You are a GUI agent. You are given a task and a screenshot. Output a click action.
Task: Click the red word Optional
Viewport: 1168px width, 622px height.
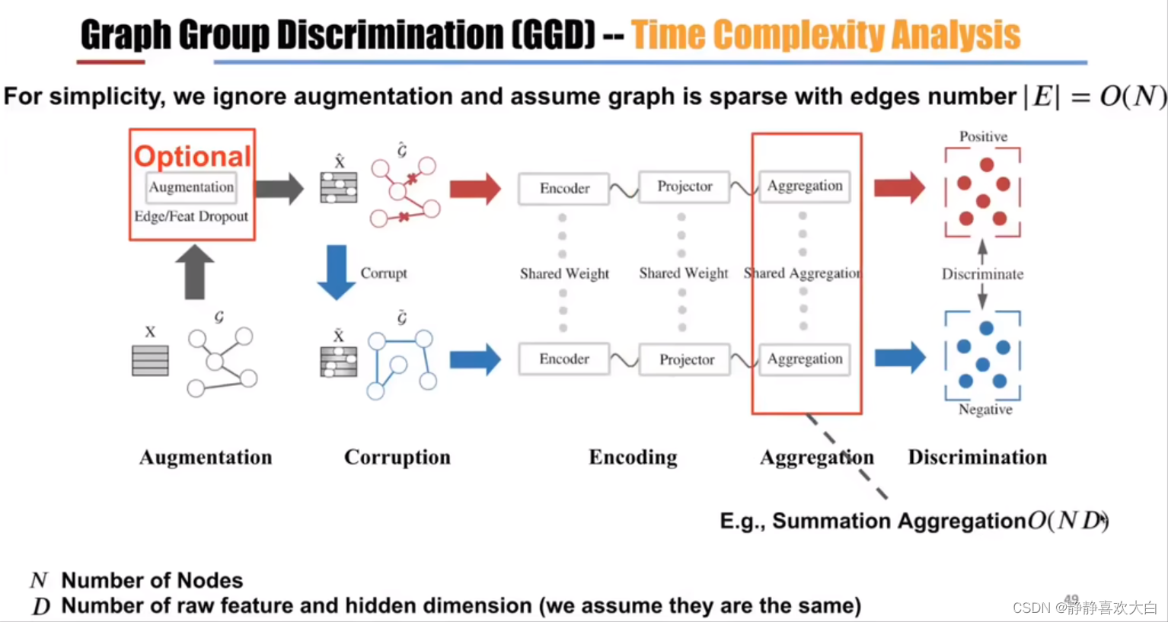click(192, 156)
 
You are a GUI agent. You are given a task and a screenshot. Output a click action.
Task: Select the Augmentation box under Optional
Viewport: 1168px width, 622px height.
click(191, 187)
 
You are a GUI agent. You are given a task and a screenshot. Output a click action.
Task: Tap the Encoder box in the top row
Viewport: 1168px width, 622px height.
click(564, 189)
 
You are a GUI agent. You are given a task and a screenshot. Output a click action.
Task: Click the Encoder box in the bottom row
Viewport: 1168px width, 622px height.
click(564, 359)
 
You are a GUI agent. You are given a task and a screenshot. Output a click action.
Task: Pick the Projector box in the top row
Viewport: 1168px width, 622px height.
click(685, 187)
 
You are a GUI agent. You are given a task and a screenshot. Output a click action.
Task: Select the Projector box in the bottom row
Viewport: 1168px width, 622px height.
click(686, 359)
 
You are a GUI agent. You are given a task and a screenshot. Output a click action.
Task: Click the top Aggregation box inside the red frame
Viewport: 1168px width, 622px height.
click(805, 186)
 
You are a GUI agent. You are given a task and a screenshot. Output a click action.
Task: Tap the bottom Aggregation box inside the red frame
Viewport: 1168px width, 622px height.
click(805, 359)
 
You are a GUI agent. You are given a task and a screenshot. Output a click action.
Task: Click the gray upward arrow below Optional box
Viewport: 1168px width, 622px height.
click(194, 271)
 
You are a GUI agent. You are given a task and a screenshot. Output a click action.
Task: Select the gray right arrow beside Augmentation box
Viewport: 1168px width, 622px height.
click(279, 189)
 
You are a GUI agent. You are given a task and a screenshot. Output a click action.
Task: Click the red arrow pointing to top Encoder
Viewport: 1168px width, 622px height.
click(475, 189)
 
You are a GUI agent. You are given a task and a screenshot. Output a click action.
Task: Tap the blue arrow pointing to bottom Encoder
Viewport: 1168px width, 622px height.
click(475, 359)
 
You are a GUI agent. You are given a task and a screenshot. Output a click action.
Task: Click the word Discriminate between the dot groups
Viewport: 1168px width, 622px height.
click(982, 274)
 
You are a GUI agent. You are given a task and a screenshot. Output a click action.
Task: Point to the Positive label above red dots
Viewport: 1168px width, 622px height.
click(983, 137)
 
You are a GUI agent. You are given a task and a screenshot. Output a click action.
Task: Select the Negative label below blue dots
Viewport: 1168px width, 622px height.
click(985, 410)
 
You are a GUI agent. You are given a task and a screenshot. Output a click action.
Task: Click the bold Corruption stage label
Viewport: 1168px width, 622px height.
click(397, 457)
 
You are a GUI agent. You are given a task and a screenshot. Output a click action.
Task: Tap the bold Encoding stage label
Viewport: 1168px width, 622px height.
click(633, 457)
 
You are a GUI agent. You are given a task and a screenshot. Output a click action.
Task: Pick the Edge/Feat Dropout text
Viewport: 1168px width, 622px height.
click(191, 216)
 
